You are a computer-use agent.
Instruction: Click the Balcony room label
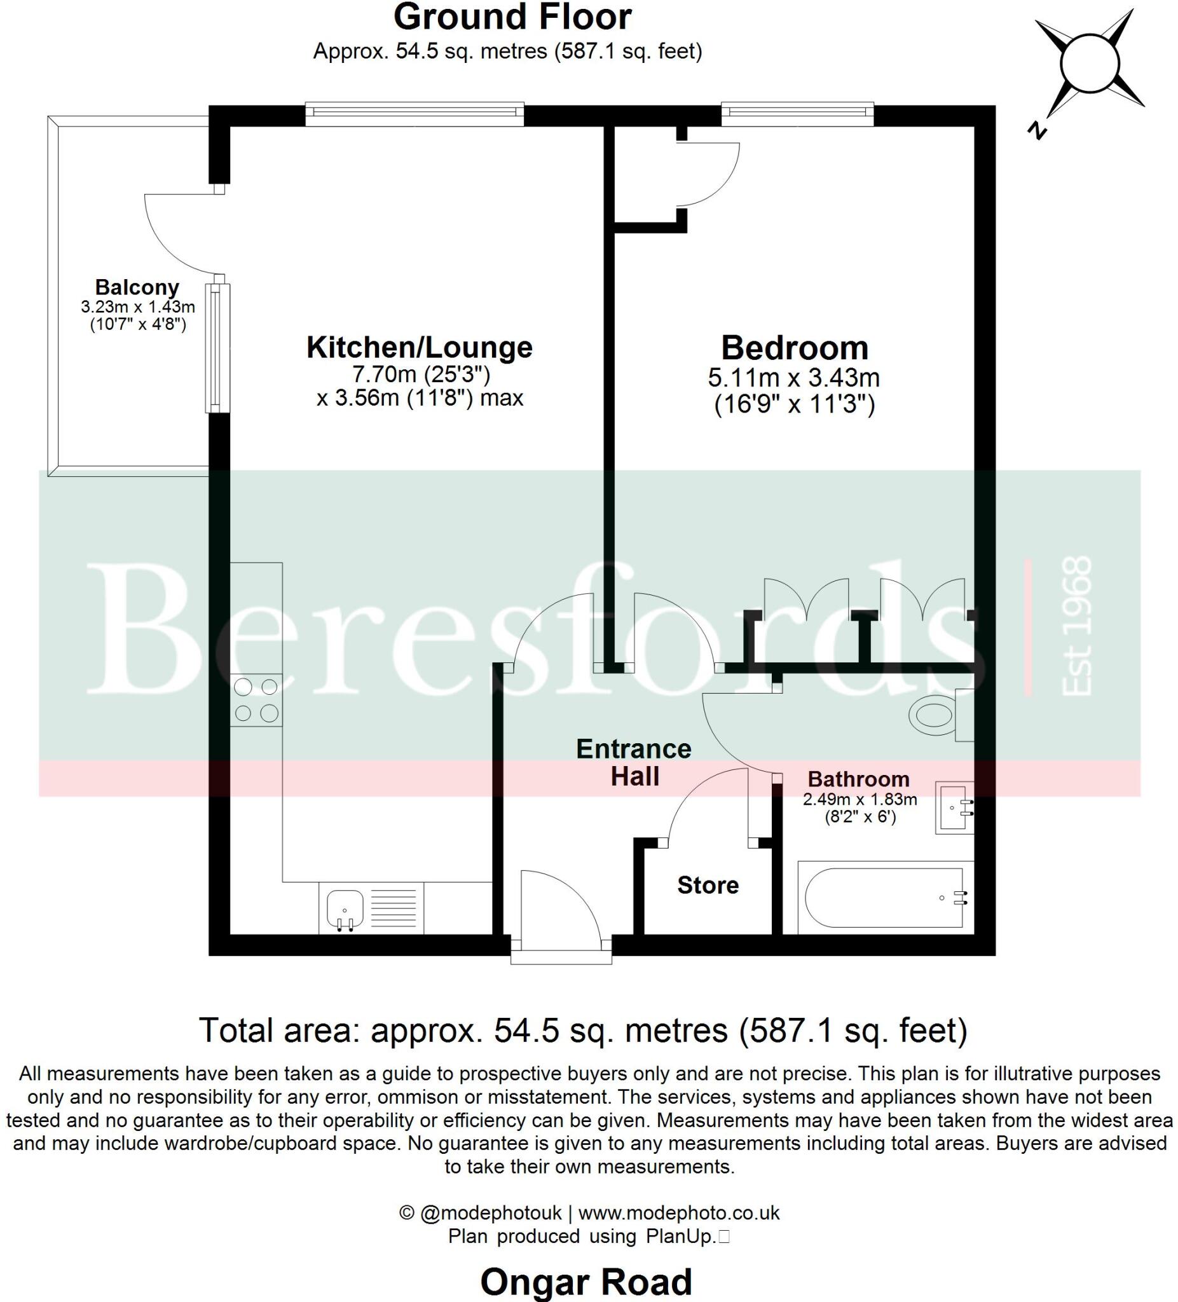137,287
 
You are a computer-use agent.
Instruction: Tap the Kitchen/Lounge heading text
419,348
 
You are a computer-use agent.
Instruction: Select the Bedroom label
795,348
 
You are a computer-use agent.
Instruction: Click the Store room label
708,885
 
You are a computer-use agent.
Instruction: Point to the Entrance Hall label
634,763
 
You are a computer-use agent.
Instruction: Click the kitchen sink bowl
345,908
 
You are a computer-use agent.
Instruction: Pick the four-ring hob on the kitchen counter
256,700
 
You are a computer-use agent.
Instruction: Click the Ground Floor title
512,17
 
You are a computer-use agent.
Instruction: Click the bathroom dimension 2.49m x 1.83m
860,800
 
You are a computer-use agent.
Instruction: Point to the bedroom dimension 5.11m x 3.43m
794,377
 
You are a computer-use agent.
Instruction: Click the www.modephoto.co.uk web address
679,1213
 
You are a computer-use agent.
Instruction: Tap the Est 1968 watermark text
1077,626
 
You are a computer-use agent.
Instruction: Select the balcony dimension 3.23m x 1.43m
137,307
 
